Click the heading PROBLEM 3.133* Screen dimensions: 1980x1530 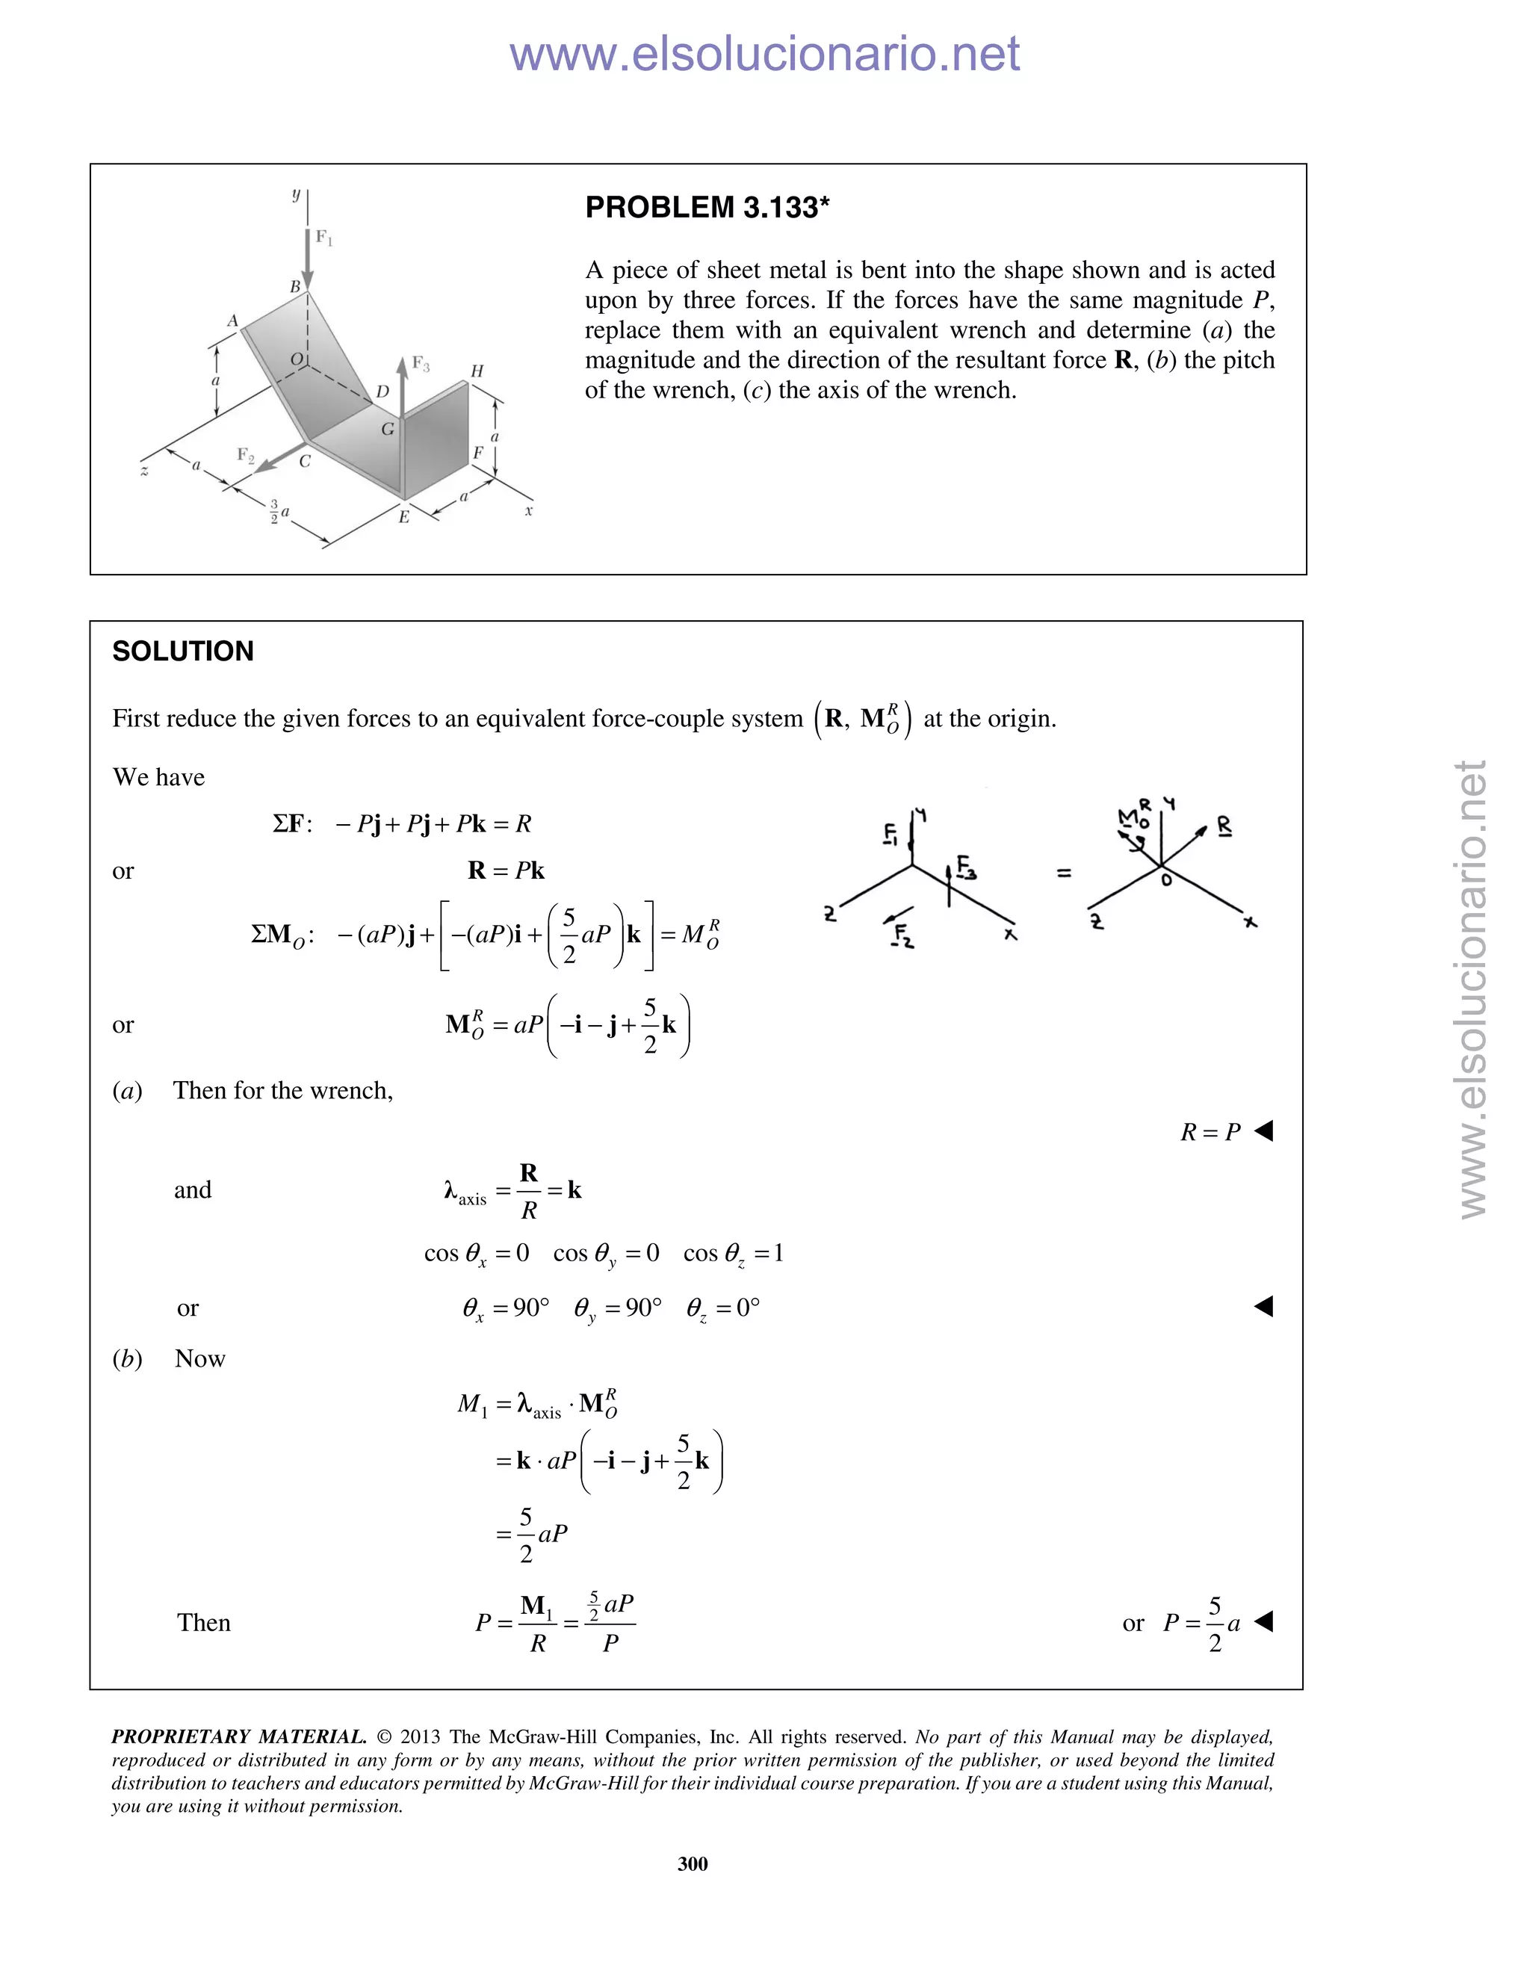707,208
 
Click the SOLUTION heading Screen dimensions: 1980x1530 183,651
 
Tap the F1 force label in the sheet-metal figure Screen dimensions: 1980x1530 323,238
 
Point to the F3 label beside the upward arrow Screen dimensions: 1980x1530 421,364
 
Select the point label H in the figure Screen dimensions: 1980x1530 477,371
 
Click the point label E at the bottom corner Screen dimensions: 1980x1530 404,517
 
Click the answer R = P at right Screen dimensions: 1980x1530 1210,1132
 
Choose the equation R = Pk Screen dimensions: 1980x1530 506,870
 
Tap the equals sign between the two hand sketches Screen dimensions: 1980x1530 1064,873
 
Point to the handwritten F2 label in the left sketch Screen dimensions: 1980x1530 902,935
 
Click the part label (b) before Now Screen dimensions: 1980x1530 127,1358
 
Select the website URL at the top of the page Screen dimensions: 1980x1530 764,54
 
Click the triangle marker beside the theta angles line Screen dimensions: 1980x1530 1263,1306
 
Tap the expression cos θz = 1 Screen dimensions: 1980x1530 734,1254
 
